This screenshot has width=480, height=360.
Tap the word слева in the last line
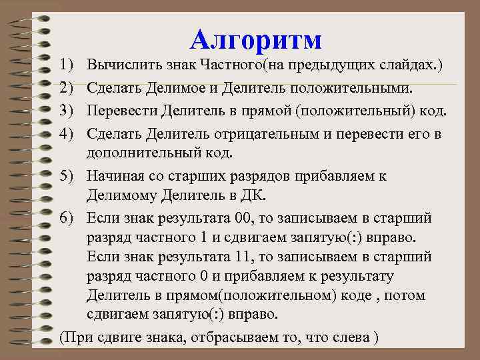349,337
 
